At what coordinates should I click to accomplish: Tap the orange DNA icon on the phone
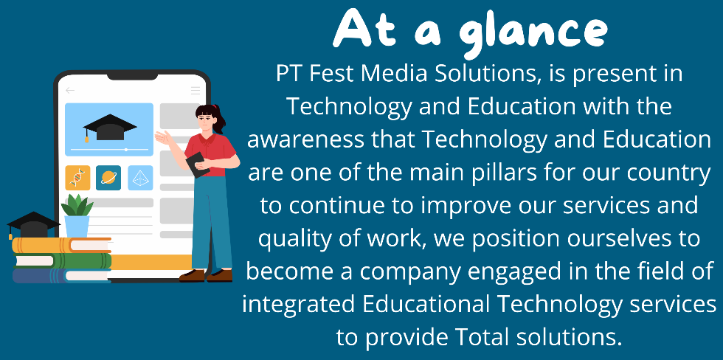[x=77, y=178]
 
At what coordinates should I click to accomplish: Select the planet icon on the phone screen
[x=108, y=178]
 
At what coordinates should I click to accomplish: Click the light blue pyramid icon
[x=140, y=178]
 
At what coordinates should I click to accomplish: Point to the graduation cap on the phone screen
[x=109, y=127]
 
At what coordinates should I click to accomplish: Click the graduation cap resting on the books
[x=32, y=225]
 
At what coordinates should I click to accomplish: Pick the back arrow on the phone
[x=70, y=90]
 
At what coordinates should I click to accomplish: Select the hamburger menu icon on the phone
[x=196, y=90]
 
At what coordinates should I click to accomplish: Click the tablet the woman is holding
[x=197, y=165]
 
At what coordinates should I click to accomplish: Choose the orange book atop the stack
[x=62, y=245]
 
